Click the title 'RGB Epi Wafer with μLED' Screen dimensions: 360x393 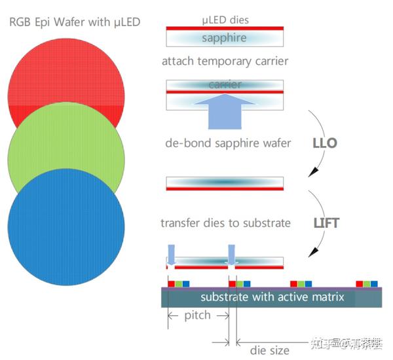tap(75, 23)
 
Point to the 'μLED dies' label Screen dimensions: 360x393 tap(225, 20)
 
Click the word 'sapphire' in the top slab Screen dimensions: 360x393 tap(225, 38)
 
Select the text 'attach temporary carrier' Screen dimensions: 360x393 tap(225, 62)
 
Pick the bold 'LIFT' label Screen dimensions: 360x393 tap(326, 223)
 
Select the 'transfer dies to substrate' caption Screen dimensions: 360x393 tap(225, 223)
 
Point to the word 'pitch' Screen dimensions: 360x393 tap(197, 315)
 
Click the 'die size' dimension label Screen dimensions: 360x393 tap(269, 350)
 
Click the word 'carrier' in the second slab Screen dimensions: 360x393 tap(225, 84)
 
